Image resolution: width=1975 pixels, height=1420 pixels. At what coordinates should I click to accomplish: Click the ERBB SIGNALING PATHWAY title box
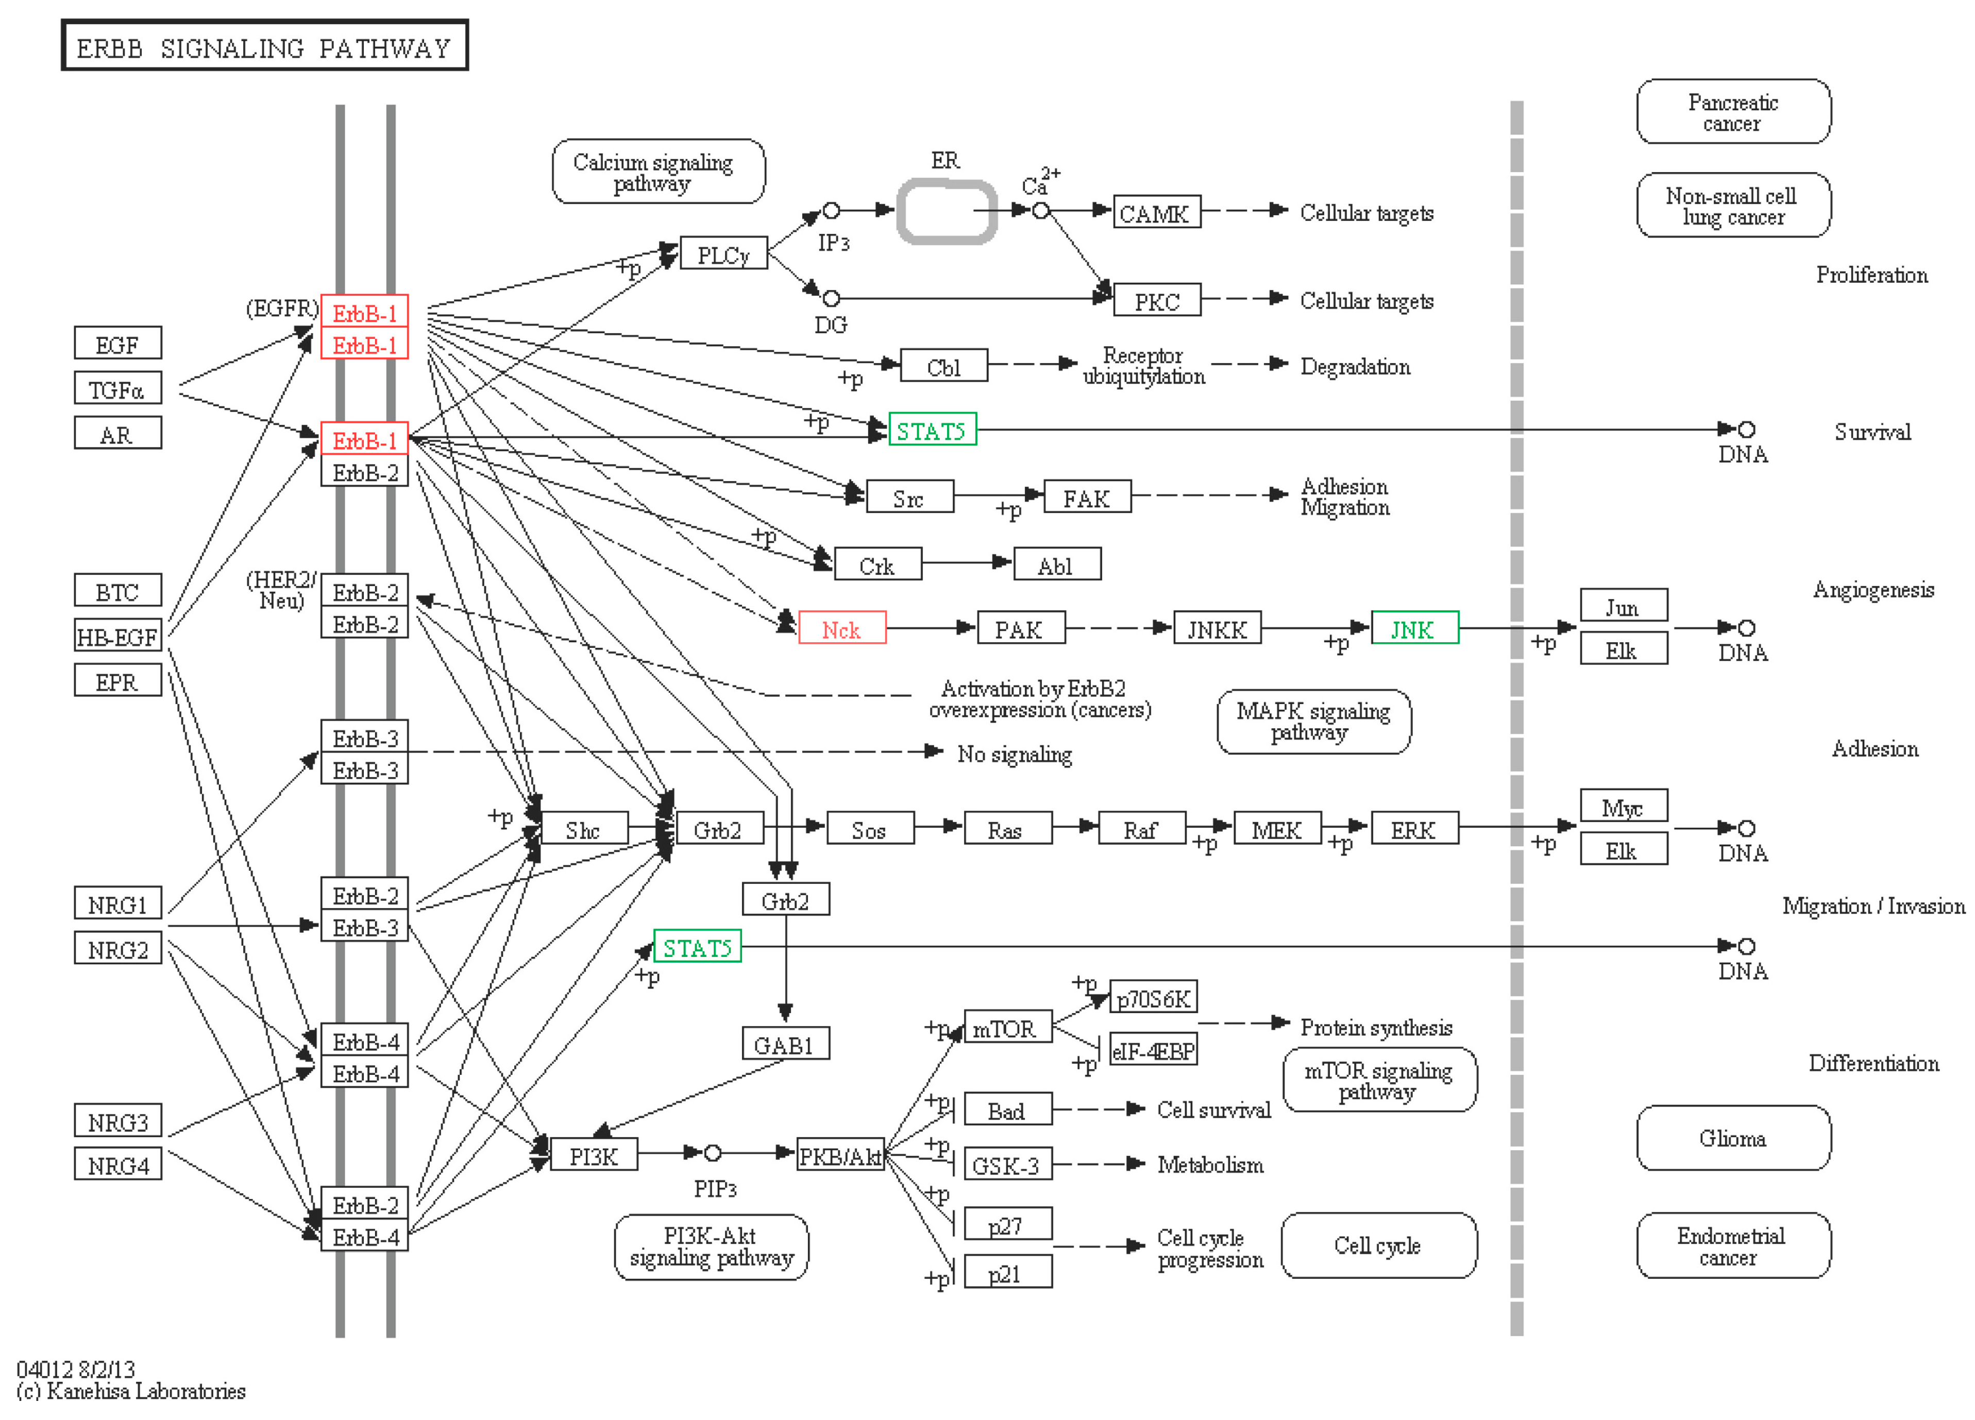pos(264,46)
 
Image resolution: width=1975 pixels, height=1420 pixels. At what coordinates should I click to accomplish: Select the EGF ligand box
pos(117,344)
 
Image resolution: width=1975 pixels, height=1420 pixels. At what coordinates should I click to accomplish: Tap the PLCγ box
pos(723,254)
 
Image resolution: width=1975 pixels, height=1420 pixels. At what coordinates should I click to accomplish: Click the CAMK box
pos(1156,212)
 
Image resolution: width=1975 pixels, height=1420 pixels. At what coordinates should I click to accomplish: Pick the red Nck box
pos(841,628)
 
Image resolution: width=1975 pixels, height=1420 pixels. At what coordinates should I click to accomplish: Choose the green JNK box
pos(1414,628)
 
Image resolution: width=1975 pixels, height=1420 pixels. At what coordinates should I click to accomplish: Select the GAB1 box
pos(785,1044)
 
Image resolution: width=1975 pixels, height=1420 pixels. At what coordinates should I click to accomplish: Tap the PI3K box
pos(594,1155)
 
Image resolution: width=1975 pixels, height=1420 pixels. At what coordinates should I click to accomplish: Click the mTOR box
pos(1007,1028)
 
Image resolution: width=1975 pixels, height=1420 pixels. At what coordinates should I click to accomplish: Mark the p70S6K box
pos(1153,998)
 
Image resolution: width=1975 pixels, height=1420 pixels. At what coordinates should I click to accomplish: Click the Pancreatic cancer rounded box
pos(1733,111)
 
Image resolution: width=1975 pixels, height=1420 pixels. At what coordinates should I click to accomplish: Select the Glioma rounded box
pos(1733,1138)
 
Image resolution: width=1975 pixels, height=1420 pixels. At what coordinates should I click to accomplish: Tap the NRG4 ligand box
pos(117,1165)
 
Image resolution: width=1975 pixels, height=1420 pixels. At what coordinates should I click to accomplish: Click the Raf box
pos(1141,829)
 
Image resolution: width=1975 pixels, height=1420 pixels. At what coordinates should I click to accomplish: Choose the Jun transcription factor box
pos(1623,607)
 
